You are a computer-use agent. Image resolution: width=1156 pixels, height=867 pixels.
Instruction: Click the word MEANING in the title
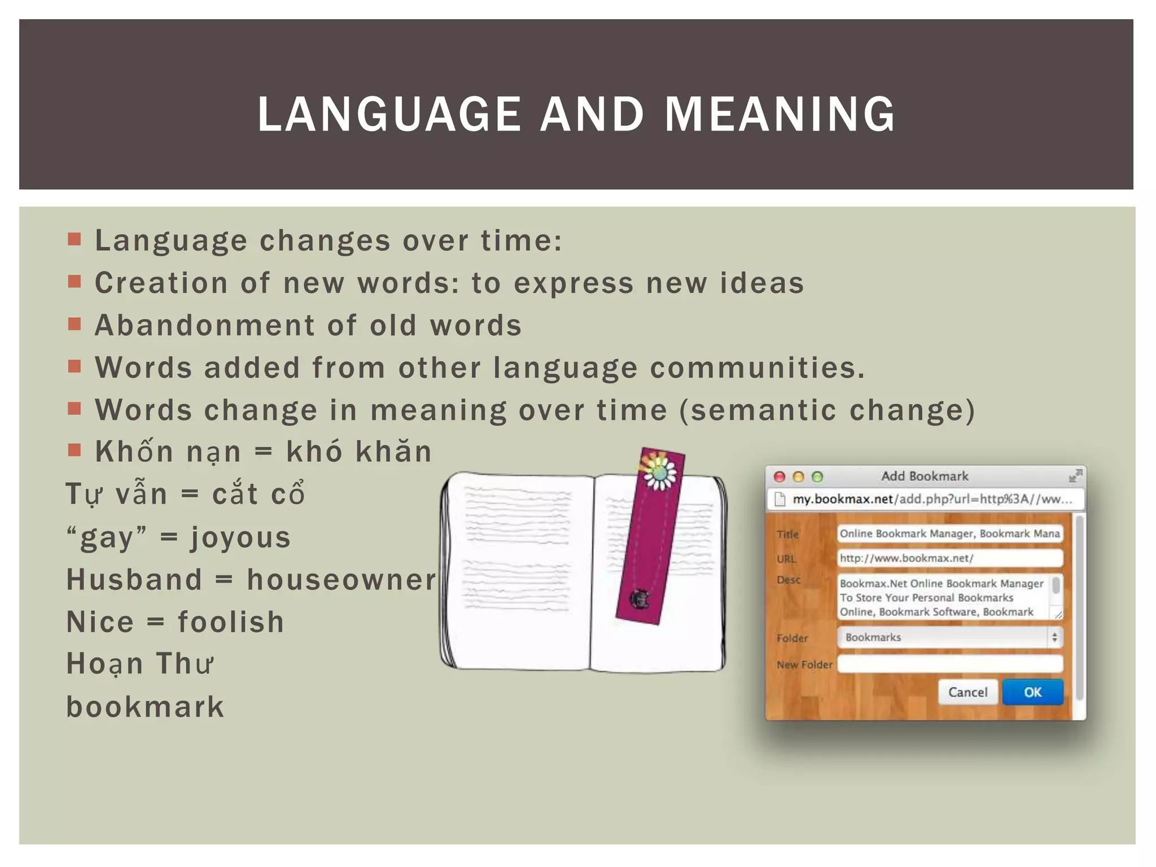point(780,114)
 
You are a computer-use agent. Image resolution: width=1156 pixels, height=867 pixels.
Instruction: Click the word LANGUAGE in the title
point(389,114)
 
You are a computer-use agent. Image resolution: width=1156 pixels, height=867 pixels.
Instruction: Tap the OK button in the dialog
point(1032,692)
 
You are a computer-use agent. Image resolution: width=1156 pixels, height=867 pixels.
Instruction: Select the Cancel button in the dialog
point(967,692)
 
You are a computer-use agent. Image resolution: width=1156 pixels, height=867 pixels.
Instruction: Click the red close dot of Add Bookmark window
point(780,477)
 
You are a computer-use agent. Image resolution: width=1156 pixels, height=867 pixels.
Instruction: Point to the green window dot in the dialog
point(817,477)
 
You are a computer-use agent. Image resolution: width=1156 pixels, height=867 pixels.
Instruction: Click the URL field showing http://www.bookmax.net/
point(949,558)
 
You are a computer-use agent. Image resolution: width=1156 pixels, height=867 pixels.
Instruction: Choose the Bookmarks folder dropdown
point(949,637)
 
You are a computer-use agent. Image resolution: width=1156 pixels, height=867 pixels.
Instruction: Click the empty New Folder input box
point(949,664)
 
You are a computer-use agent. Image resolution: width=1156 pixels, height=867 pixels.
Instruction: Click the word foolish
point(231,622)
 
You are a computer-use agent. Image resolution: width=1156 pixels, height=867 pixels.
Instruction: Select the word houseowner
point(341,580)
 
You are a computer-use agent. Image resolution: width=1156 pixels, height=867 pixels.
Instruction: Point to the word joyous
point(240,537)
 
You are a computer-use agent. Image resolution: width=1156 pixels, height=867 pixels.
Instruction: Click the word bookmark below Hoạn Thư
point(145,707)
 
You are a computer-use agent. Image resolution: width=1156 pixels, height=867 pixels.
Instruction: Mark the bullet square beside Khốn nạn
point(75,450)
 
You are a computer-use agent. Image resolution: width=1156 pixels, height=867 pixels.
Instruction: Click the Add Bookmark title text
point(925,476)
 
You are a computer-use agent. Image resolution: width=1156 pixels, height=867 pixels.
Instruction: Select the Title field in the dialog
point(949,533)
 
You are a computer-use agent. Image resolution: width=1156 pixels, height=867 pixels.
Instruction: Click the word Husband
point(134,580)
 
